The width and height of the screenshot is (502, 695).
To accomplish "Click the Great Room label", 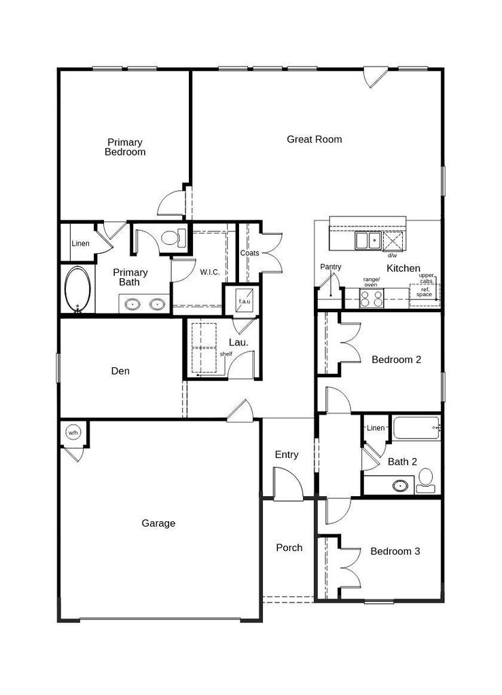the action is click(x=315, y=139).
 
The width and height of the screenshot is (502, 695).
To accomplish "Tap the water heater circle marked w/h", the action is click(x=73, y=432).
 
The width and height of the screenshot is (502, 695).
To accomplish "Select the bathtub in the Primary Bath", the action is click(x=77, y=290).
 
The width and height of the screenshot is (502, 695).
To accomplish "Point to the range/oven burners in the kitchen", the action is click(x=371, y=299).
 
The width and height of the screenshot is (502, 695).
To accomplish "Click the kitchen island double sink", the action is click(x=367, y=241).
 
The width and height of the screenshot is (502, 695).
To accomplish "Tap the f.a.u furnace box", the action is click(x=245, y=301).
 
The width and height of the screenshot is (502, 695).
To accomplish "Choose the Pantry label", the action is click(x=331, y=267).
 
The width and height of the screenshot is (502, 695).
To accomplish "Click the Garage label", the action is click(x=158, y=523).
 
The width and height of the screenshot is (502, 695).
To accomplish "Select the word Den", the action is click(x=120, y=371).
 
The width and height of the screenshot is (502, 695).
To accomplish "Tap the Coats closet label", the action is click(x=250, y=253).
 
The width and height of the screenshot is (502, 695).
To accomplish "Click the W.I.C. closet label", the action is click(x=210, y=272).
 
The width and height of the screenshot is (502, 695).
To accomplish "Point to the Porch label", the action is click(x=289, y=548).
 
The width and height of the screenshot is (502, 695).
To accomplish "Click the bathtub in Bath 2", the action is click(x=416, y=428).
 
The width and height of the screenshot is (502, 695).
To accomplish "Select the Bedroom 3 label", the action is click(x=395, y=551).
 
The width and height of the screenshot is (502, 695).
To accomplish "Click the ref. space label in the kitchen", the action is click(x=424, y=292).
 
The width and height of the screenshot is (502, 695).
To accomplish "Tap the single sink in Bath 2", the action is click(x=401, y=486).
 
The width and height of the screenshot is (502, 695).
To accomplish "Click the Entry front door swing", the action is click(x=288, y=484).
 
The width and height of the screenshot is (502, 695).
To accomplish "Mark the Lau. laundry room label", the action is click(x=238, y=343).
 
